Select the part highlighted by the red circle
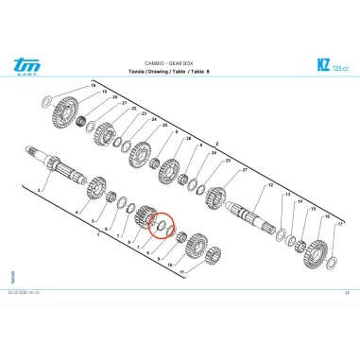coord(161,225)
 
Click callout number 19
coord(92,86)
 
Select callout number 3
coord(39,190)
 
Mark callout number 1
coord(97,235)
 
